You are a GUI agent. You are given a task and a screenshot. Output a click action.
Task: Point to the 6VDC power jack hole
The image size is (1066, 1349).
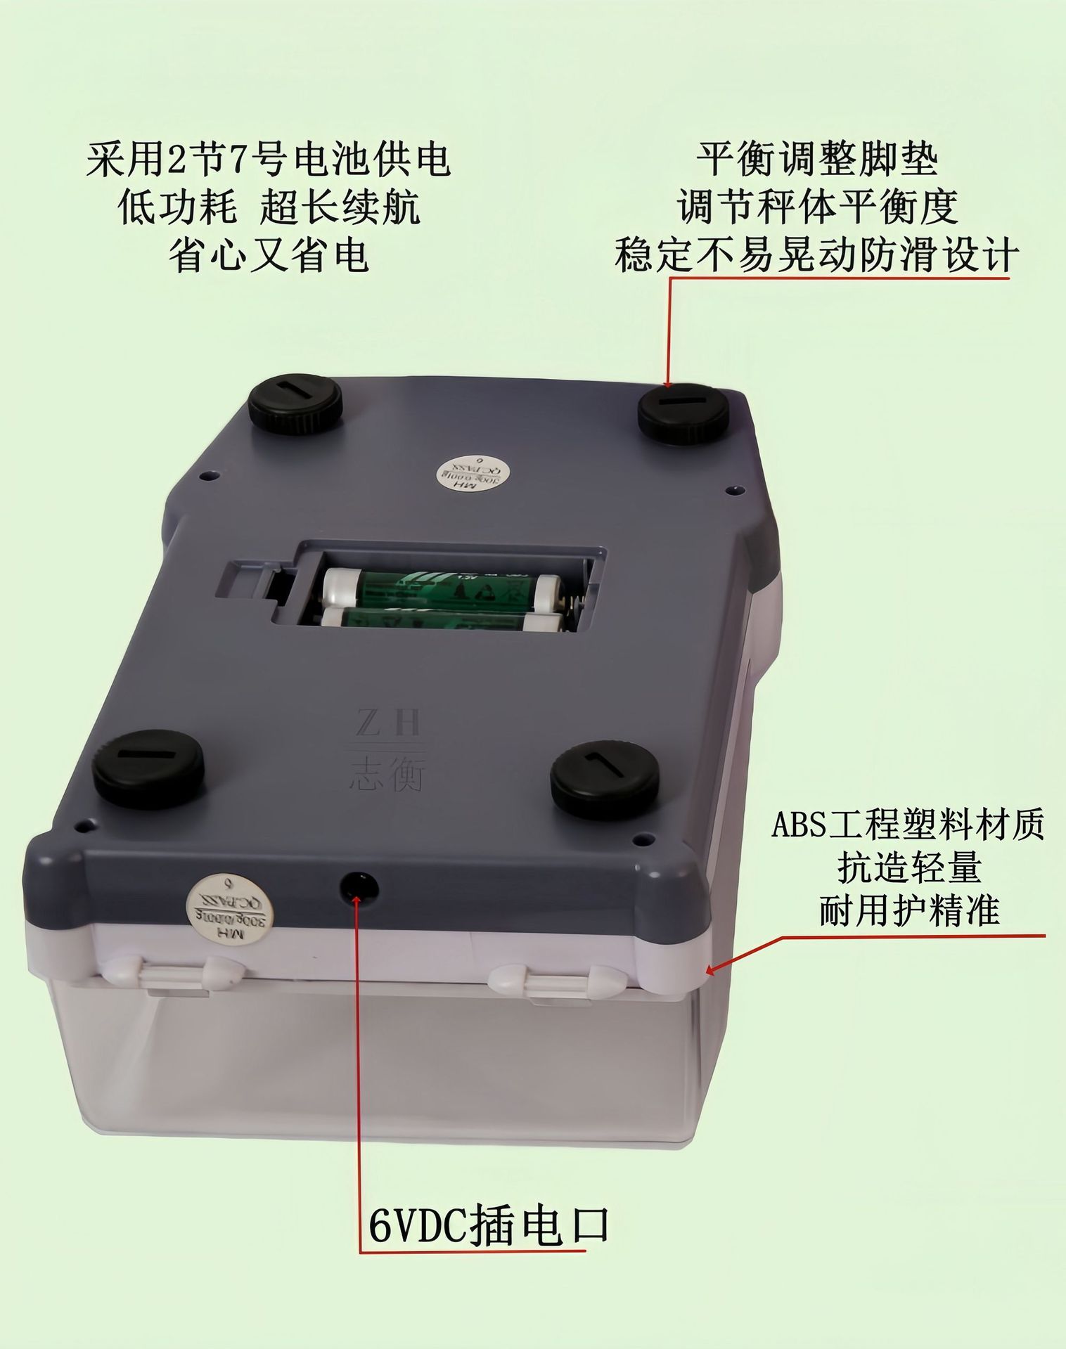click(359, 888)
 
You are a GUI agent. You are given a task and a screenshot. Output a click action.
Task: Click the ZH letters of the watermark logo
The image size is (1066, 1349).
click(387, 723)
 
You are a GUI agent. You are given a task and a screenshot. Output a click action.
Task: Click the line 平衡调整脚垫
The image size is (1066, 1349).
click(817, 160)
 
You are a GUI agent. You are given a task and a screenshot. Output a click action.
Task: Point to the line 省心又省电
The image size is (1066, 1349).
click(269, 254)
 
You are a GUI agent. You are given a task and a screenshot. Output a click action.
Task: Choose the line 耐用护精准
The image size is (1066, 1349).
click(909, 912)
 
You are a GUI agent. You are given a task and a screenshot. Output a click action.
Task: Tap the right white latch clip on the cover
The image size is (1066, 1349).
click(559, 980)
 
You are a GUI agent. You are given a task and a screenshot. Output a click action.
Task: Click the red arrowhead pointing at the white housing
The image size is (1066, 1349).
click(711, 971)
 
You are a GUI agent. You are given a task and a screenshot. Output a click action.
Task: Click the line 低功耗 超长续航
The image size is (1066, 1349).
click(269, 207)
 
